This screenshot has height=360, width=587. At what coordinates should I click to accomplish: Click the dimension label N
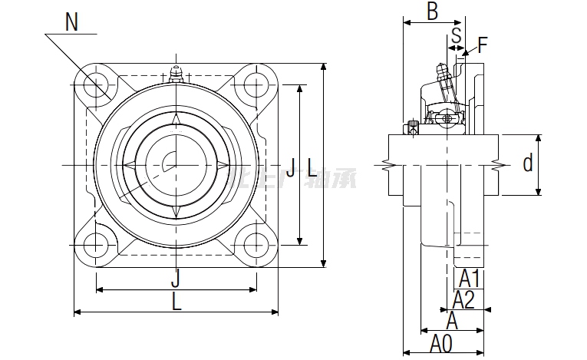tap(71, 22)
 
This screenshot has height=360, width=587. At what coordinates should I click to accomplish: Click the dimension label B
tap(432, 12)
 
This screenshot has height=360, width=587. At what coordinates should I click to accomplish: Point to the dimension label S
tap(456, 35)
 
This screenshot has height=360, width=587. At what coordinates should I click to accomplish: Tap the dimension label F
tap(483, 44)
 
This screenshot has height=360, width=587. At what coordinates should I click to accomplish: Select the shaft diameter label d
tap(527, 163)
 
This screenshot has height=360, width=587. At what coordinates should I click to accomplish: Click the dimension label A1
tap(470, 278)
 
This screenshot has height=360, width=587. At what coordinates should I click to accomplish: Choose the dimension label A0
tap(440, 343)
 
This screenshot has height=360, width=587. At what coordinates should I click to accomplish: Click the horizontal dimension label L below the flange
tap(176, 302)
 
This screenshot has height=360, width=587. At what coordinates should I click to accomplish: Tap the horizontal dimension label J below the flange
tap(176, 277)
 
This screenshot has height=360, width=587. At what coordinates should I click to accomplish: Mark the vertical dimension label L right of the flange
tap(312, 166)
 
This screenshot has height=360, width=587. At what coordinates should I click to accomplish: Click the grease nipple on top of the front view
tap(176, 74)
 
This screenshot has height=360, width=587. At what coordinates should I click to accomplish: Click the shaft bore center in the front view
tap(176, 164)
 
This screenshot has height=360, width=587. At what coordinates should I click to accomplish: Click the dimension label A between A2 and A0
tap(453, 321)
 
